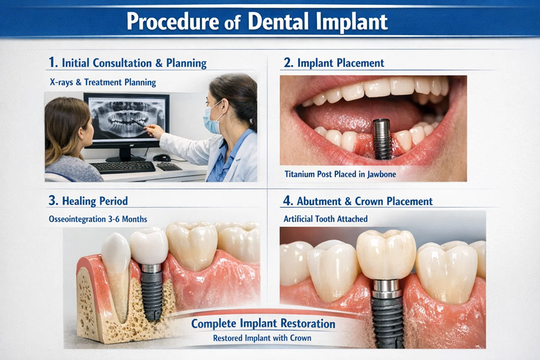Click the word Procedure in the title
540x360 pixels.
coord(170,22)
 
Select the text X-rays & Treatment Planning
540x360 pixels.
coord(103,82)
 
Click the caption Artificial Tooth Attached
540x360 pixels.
coord(326,220)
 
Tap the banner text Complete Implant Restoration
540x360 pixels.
coord(263,324)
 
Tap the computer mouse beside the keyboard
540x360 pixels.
coord(161,158)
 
